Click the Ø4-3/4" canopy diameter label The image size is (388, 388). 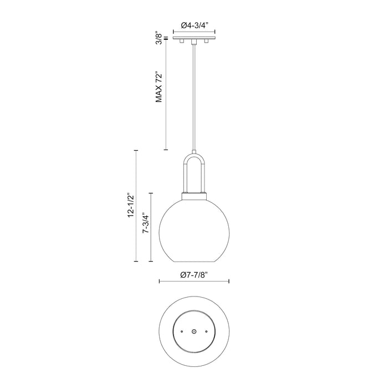click(x=195, y=25)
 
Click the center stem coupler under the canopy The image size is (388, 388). click(x=195, y=42)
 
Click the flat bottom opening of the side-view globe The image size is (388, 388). click(x=195, y=261)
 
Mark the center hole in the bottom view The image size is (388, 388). click(x=195, y=330)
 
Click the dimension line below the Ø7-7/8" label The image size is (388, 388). click(x=195, y=282)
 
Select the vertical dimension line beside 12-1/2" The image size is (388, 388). click(x=136, y=205)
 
